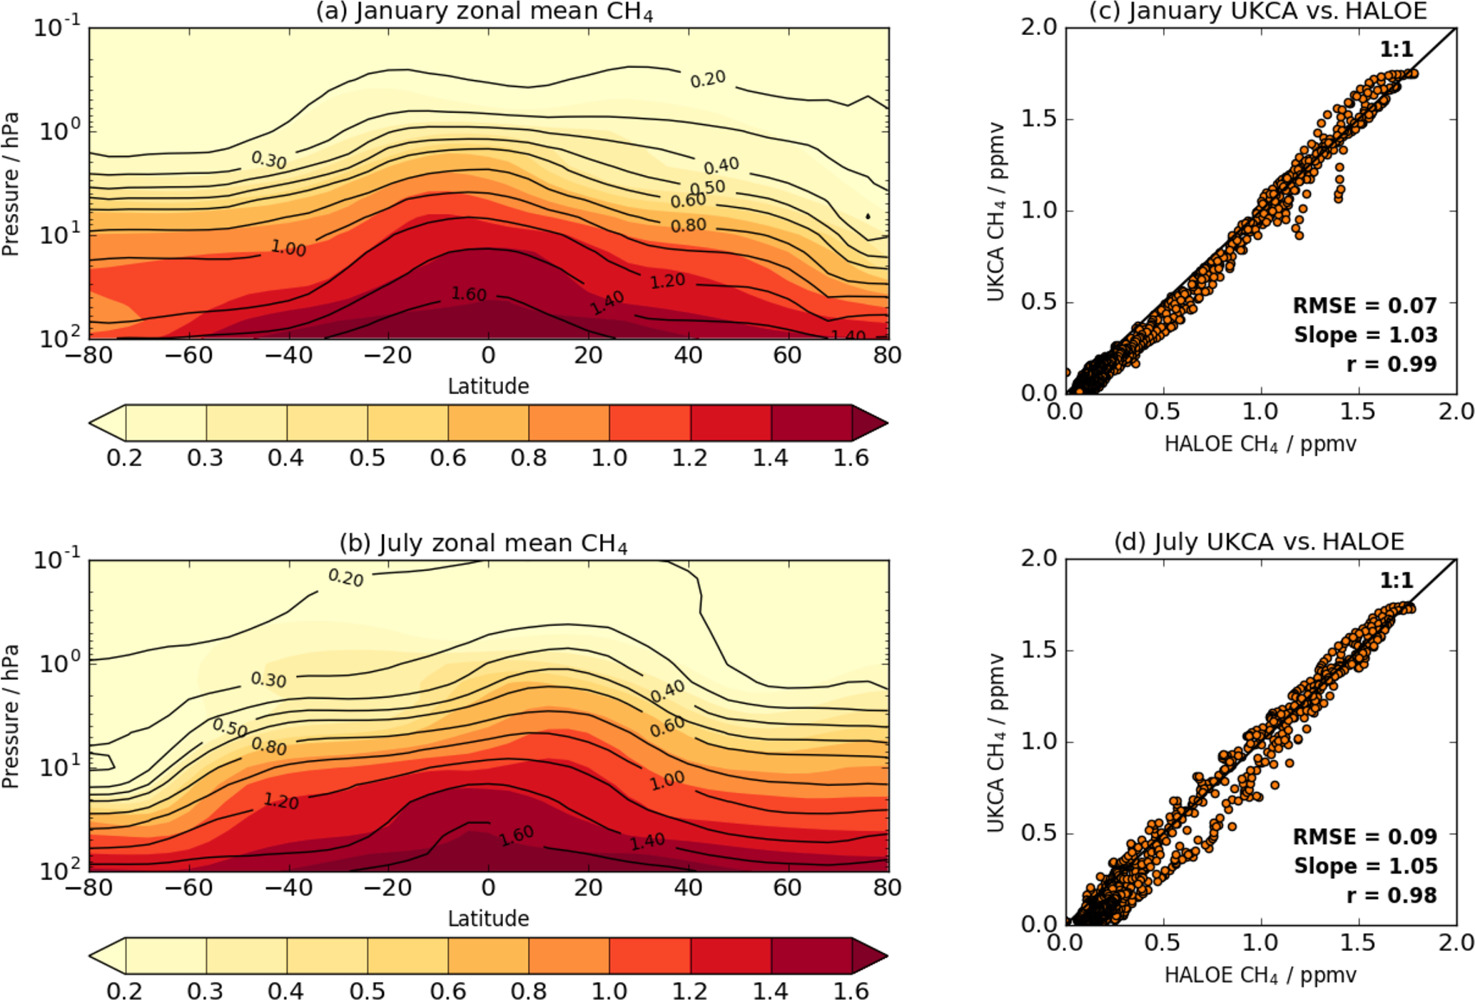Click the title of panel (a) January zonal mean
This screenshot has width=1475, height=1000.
pos(485,12)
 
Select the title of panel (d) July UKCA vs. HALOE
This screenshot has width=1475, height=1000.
pos(1259,542)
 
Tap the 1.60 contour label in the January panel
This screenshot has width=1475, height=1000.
pos(469,294)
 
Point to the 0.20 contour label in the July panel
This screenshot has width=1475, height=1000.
pos(346,577)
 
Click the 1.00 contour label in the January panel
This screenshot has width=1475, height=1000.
pos(288,248)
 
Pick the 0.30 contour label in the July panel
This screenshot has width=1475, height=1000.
pos(268,680)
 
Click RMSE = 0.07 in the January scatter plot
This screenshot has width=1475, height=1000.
pos(1364,305)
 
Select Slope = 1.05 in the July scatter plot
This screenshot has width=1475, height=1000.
pos(1365,866)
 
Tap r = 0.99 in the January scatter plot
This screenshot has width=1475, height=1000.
pos(1391,364)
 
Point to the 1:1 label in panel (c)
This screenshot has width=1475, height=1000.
pos(1397,49)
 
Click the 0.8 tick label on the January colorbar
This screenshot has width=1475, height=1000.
pos(529,458)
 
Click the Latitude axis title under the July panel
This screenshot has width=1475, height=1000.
pos(488,918)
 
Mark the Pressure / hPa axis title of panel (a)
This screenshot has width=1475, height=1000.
pos(10,183)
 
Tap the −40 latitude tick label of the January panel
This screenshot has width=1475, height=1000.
pos(288,355)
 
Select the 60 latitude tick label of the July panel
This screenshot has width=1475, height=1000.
pos(787,887)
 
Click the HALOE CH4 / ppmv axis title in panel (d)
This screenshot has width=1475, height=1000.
pos(1260,975)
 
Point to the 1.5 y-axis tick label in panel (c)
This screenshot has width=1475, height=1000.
pos(1038,119)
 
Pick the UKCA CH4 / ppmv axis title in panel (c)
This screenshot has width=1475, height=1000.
pos(996,211)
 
